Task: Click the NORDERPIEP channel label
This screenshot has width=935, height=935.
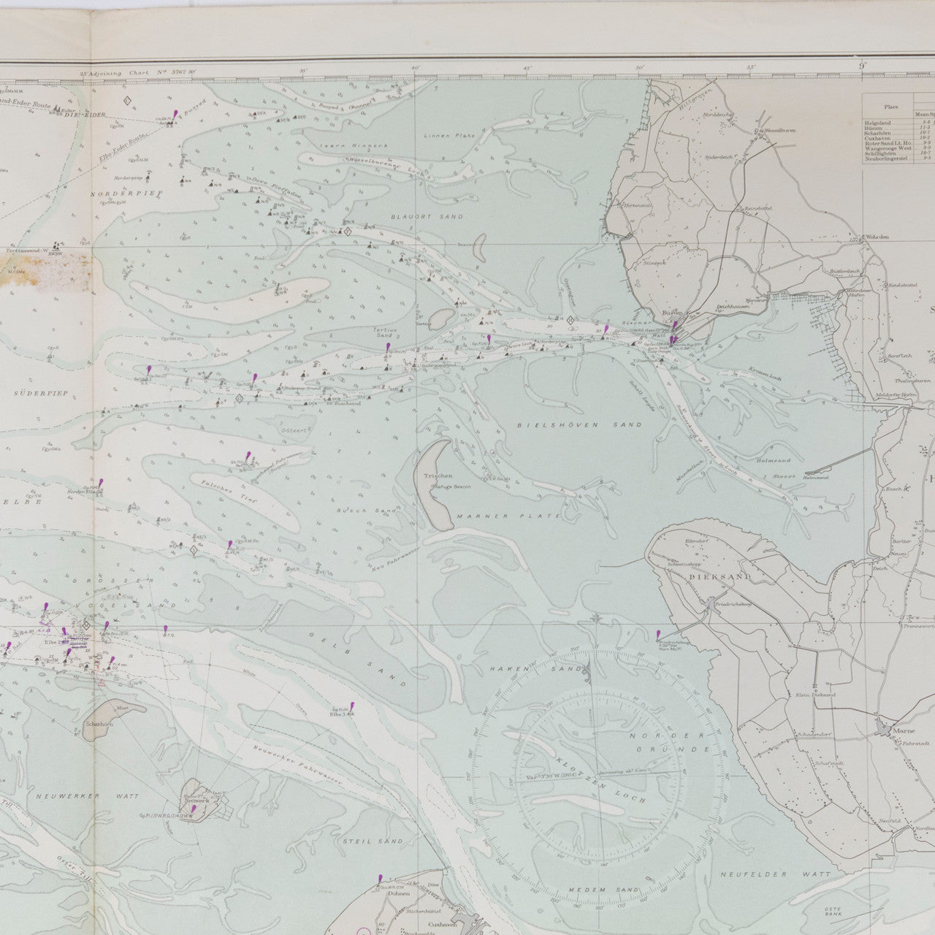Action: (134, 194)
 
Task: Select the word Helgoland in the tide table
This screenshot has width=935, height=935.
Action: (879, 122)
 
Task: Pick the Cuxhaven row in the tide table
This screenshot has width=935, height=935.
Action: (879, 137)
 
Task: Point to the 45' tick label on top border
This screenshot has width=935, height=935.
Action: (527, 69)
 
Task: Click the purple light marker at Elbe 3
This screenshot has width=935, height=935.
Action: (351, 706)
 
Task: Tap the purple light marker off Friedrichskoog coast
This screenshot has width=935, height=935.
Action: (658, 635)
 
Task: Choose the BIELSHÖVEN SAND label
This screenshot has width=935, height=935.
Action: (579, 424)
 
